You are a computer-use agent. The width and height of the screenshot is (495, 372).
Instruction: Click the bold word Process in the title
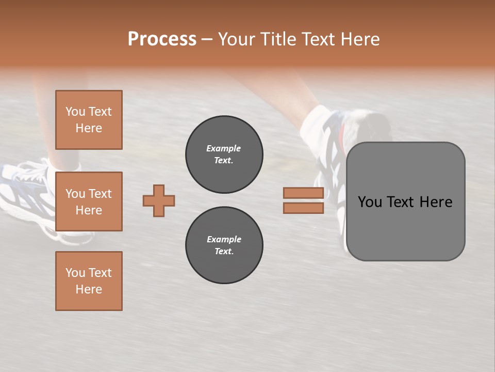[x=162, y=39]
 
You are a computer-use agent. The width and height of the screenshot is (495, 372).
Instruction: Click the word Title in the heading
[x=278, y=39]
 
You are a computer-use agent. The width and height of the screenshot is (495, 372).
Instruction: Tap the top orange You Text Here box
[x=89, y=120]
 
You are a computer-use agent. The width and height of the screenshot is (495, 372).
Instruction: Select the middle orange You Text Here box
[x=89, y=202]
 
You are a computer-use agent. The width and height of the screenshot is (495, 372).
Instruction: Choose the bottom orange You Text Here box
[x=89, y=281]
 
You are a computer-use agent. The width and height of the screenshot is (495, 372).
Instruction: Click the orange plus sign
[x=159, y=200]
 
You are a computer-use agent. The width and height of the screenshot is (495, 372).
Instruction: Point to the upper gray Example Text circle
[x=224, y=154]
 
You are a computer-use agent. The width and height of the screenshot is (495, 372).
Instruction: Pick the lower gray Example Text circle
[x=224, y=245]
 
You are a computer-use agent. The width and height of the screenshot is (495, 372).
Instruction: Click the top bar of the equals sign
[x=303, y=193]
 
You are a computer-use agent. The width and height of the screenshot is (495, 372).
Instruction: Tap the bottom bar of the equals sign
[x=303, y=208]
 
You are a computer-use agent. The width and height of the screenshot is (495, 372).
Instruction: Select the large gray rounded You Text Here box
[x=405, y=202]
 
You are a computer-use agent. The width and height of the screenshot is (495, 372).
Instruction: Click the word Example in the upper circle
[x=223, y=148]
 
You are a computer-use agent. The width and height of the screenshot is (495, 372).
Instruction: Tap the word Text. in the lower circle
[x=223, y=252]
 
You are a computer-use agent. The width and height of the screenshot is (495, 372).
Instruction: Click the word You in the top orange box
[x=75, y=112]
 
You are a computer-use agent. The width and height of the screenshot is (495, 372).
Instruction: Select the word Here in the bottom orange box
[x=89, y=289]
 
